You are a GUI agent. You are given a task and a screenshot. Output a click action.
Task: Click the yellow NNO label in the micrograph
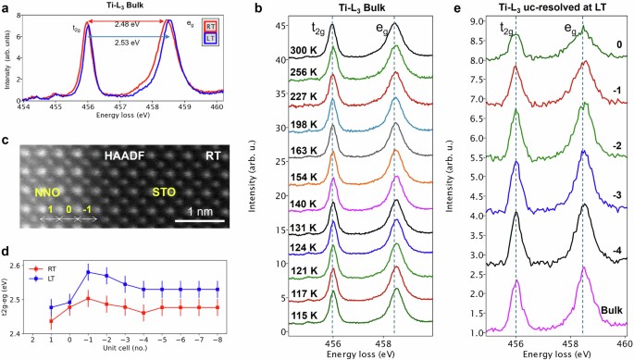46,193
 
